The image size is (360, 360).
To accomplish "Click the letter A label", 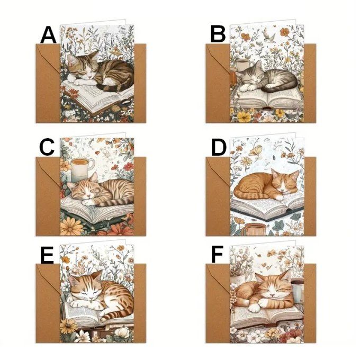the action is (48, 35).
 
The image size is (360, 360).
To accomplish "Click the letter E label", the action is (47, 255).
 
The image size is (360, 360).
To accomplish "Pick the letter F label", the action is (217, 254).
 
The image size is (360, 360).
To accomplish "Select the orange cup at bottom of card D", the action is (254, 229).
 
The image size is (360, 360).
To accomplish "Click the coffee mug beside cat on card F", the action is (298, 290).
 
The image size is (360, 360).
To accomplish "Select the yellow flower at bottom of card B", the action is (244, 116).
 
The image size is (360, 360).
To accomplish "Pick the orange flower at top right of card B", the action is (284, 32).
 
